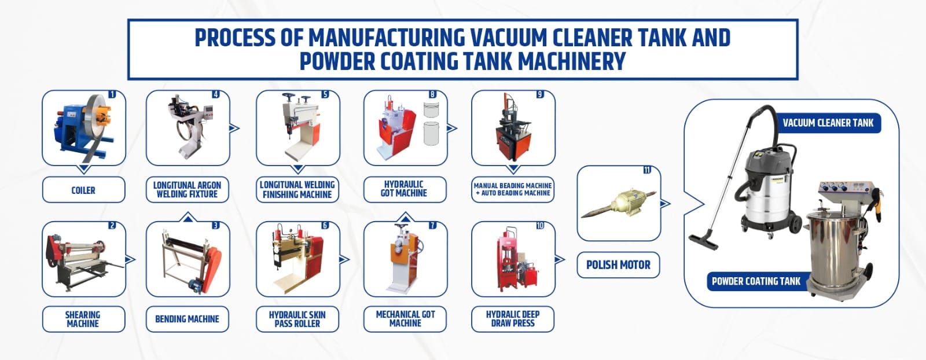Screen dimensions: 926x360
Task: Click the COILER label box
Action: [83, 190]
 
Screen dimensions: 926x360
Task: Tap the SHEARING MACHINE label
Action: [83, 319]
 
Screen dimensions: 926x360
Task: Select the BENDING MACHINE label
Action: [188, 319]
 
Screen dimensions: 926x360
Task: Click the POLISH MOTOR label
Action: [619, 265]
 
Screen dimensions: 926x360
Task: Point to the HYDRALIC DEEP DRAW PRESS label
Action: [513, 319]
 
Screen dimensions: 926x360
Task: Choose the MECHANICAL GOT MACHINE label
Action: [405, 319]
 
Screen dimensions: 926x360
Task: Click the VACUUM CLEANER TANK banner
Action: [828, 123]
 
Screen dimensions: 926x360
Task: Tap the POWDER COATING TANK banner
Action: [756, 281]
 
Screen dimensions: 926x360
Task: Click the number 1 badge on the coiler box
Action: [112, 95]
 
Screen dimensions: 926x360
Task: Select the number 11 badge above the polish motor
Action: [647, 170]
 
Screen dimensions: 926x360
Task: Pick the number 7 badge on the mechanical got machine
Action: [432, 225]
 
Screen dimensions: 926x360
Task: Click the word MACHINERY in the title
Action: [571, 61]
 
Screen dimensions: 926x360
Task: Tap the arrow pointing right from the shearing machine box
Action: [130, 259]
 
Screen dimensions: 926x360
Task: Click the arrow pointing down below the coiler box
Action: [84, 168]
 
